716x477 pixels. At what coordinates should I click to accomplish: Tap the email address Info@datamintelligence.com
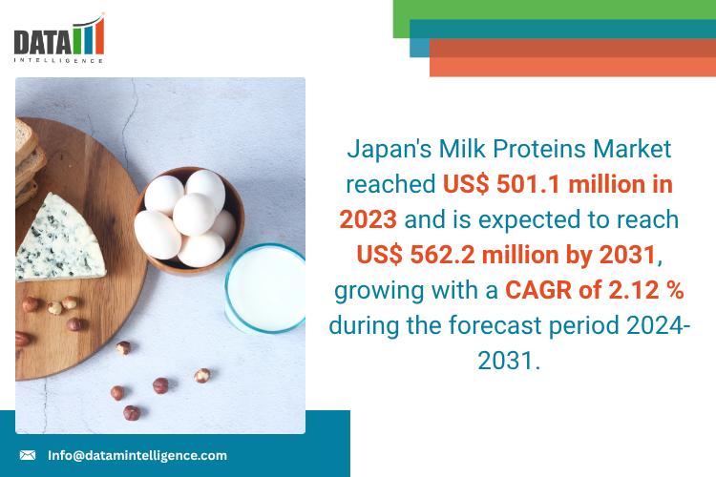coord(137,455)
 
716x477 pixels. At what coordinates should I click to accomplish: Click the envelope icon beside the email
coord(28,455)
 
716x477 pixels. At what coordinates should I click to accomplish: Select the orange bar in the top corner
coord(573,65)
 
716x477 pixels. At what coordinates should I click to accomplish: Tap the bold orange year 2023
coord(369,219)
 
